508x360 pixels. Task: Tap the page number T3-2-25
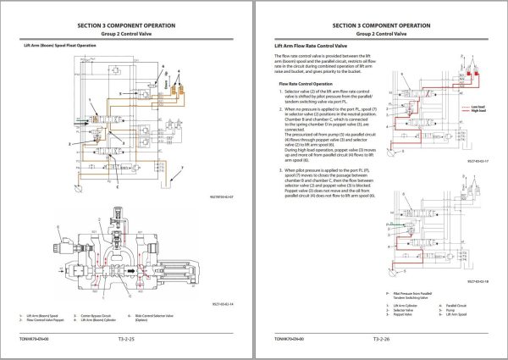125,339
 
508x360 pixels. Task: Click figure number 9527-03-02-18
480,282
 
